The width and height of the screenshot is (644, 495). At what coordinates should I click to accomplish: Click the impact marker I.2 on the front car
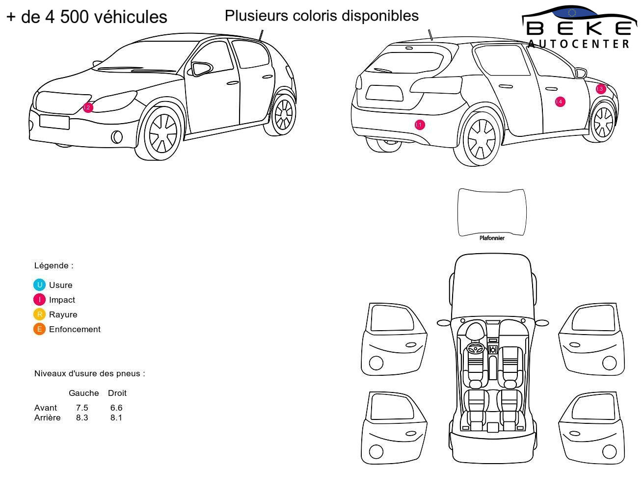click(88, 107)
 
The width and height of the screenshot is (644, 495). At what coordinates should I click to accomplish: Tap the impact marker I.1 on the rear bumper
click(419, 125)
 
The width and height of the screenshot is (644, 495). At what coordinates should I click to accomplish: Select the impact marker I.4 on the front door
click(560, 102)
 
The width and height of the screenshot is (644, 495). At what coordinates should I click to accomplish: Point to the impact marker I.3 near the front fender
click(600, 88)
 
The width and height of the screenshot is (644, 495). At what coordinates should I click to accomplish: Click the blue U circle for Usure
click(39, 285)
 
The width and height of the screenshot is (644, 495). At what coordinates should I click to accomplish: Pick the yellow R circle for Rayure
click(39, 314)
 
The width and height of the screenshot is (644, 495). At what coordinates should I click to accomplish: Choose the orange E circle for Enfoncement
click(39, 329)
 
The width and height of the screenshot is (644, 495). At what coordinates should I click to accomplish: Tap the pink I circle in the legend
click(39, 299)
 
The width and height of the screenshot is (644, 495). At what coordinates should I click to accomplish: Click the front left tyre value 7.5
click(82, 408)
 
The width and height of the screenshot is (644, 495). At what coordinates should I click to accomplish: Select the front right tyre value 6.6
click(116, 408)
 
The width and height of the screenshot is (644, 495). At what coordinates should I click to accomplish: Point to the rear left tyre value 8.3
click(82, 417)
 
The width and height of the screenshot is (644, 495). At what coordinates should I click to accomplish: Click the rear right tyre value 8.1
click(116, 417)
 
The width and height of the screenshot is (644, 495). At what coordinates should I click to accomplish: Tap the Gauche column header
click(83, 393)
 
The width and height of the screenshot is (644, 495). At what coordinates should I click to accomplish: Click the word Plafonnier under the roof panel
click(492, 238)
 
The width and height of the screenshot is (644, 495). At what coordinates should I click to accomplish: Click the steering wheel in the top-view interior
click(475, 348)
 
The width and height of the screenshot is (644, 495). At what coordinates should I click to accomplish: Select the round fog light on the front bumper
click(116, 137)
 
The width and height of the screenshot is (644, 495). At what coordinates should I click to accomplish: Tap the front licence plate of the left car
click(54, 122)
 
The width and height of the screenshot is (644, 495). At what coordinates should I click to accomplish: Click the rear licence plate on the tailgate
click(384, 93)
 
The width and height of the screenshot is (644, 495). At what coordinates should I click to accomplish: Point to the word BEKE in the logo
click(578, 28)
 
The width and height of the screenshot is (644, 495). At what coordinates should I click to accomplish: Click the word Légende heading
click(51, 265)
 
